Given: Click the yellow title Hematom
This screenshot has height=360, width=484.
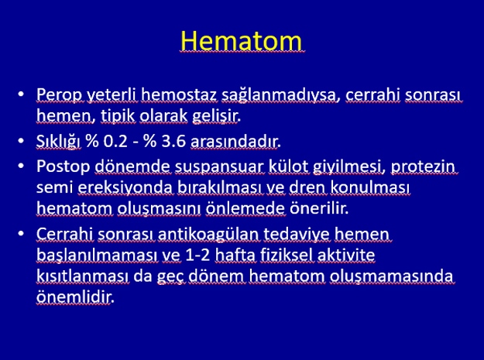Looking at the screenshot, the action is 241,41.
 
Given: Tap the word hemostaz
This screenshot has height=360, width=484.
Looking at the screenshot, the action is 179,94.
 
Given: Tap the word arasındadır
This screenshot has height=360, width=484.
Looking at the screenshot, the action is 235,141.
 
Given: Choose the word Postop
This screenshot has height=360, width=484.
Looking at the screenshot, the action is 64,167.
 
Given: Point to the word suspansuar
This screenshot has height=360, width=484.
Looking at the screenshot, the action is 219,167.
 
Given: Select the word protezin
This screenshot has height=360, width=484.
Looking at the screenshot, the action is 423,167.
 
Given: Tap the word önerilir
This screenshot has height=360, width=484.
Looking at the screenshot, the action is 319,207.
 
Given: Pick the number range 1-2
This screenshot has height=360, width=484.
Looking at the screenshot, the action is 197,255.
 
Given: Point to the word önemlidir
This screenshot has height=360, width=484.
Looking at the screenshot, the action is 75,297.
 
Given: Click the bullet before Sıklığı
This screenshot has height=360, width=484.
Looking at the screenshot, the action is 21,141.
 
